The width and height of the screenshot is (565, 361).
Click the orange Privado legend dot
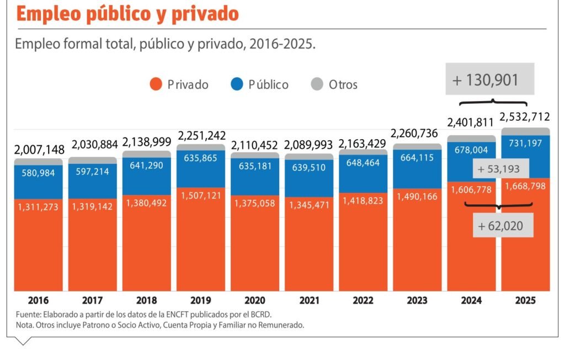[x=156, y=84]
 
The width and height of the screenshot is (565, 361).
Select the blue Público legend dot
[x=237, y=84]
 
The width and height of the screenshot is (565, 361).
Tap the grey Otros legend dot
[x=317, y=84]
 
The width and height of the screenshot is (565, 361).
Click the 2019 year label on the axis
[x=200, y=301]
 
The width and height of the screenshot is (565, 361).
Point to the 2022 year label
[x=363, y=301]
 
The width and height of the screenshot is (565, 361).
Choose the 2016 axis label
[x=38, y=301]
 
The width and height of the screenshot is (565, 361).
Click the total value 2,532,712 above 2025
[x=525, y=117]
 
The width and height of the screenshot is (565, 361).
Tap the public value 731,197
[x=525, y=143]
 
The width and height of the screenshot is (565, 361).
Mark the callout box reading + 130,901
[x=489, y=80]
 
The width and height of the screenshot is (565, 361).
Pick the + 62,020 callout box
[x=502, y=225]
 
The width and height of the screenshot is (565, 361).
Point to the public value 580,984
[x=38, y=173]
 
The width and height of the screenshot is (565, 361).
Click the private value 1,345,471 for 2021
[x=308, y=205]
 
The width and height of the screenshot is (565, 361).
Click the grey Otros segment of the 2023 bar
[x=417, y=147]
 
